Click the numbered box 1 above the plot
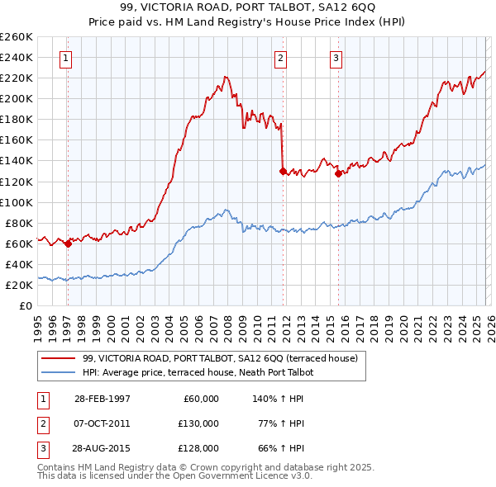[x=65, y=58]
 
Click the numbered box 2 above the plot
[x=281, y=58]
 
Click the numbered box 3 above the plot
[x=336, y=58]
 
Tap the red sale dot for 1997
[x=68, y=243]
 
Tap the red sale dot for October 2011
[x=283, y=171]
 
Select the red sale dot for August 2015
[x=338, y=173]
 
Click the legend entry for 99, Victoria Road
[x=220, y=358]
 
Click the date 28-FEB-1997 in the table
[x=102, y=399]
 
